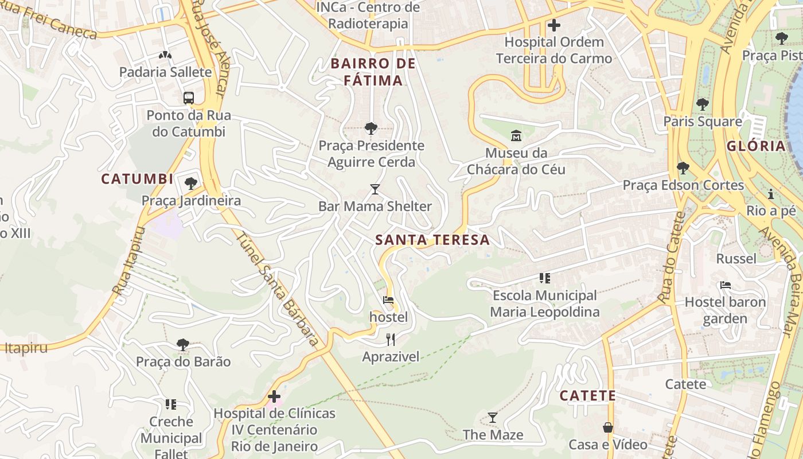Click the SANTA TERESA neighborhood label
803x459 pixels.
[x=432, y=240]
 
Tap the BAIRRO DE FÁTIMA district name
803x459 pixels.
[x=373, y=72]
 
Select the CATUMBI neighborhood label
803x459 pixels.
[x=137, y=179]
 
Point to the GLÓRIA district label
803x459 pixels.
[x=756, y=146]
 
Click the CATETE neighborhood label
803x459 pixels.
[x=587, y=396]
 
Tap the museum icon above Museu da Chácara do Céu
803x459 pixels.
[x=516, y=136]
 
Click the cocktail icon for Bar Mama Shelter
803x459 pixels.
[x=375, y=189]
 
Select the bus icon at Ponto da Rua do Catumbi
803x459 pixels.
[x=189, y=98]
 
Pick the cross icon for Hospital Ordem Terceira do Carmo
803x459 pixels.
[x=553, y=25]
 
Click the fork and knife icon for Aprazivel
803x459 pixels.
[x=391, y=340]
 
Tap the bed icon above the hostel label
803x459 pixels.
[x=388, y=299]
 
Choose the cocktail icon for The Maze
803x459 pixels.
[x=493, y=417]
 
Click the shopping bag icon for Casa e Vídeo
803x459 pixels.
[x=607, y=427]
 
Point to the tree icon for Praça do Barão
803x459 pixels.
[x=183, y=344]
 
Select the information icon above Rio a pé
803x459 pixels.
[x=771, y=193]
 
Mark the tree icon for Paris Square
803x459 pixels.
[x=702, y=104]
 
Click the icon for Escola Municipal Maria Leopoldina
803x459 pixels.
[x=544, y=278]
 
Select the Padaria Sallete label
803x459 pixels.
[x=165, y=72]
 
